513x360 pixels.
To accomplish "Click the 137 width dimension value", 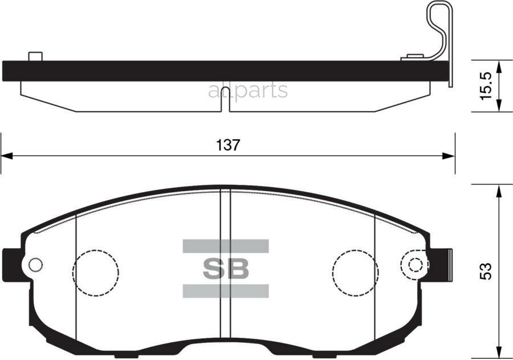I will click(x=228, y=145).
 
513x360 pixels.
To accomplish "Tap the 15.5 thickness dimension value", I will click(x=486, y=86).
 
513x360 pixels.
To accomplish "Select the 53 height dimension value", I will click(x=486, y=270).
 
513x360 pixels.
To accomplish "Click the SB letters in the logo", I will click(x=226, y=269).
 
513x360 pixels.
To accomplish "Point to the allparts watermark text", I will click(x=248, y=90).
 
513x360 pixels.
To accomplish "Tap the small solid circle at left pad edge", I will click(x=35, y=265).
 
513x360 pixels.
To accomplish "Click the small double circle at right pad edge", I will click(x=415, y=265).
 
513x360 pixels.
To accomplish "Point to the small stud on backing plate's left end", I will click(x=35, y=56).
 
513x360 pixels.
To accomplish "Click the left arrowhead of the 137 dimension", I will click(x=6, y=155).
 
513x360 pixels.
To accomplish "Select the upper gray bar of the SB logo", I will click(x=225, y=246).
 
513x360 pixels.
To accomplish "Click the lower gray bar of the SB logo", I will click(x=225, y=291).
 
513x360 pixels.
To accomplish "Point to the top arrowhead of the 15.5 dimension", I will click(x=499, y=65).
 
